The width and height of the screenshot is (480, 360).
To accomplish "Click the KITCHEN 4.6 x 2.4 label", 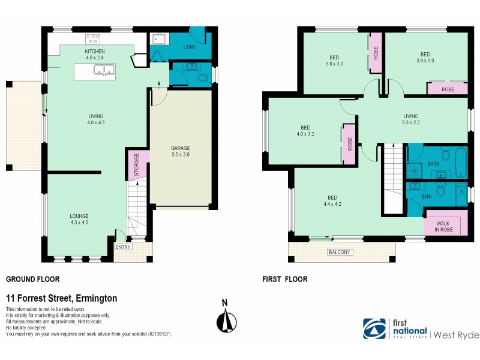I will click(95, 55).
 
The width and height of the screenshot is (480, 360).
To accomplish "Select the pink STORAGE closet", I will click(136, 163).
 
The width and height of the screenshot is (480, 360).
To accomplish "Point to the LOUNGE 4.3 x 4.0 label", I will click(79, 219).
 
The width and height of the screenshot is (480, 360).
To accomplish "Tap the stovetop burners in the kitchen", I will click(93, 39).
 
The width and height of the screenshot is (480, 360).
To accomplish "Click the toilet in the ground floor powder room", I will click(202, 77).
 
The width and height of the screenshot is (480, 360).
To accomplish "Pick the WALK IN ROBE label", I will click(443, 227).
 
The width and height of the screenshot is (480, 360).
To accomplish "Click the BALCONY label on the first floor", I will click(339, 252).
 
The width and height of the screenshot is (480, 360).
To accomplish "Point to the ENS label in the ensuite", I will click(426, 196).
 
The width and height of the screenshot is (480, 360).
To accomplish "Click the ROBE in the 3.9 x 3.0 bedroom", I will click(447, 89).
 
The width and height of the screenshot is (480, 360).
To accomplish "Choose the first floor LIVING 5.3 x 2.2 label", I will click(410, 119).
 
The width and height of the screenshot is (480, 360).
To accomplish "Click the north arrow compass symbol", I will click(225, 318).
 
